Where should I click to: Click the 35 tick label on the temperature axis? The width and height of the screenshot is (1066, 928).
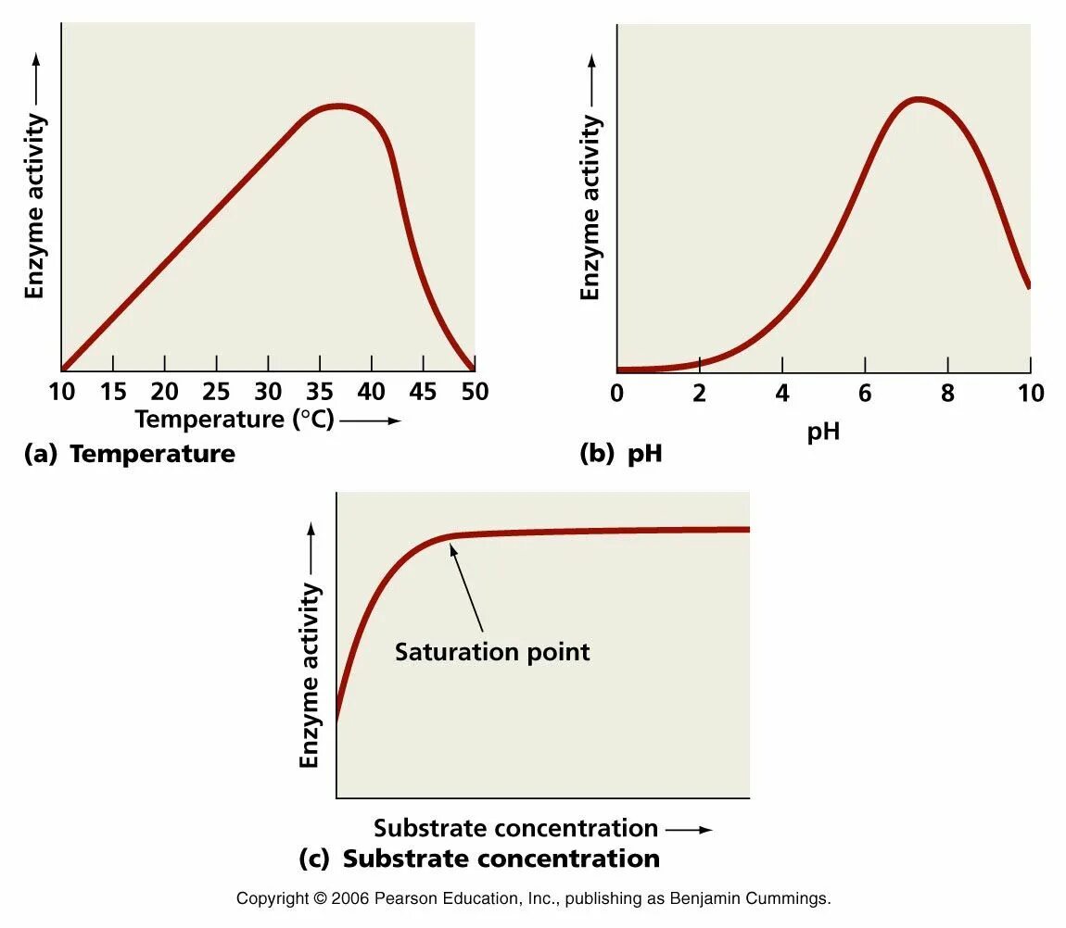coord(320,392)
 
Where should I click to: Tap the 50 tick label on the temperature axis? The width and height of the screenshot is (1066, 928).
coord(475,392)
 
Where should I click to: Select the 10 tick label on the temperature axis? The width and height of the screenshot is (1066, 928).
coord(61,392)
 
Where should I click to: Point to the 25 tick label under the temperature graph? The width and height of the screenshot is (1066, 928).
coord(216,392)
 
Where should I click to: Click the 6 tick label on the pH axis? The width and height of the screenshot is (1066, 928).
coord(864,394)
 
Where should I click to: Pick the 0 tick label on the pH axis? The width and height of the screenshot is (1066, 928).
coord(617,394)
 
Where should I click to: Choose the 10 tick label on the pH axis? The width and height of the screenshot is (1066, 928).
coord(1030,394)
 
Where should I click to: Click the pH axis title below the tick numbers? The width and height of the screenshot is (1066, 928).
coord(823,431)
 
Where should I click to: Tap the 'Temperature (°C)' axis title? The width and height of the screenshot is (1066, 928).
coord(234,420)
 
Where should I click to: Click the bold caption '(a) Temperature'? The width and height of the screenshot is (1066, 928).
coord(130,454)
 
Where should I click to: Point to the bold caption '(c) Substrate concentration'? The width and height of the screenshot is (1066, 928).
coord(479,859)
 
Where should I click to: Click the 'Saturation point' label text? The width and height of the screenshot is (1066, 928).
coord(492,652)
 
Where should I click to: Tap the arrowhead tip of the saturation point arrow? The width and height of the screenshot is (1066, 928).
coord(451,545)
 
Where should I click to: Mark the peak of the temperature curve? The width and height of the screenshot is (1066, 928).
coord(339,106)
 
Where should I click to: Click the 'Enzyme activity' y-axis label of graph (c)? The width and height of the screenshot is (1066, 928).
coord(310,676)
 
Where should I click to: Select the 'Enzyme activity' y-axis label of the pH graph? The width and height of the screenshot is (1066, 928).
coord(590,208)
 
